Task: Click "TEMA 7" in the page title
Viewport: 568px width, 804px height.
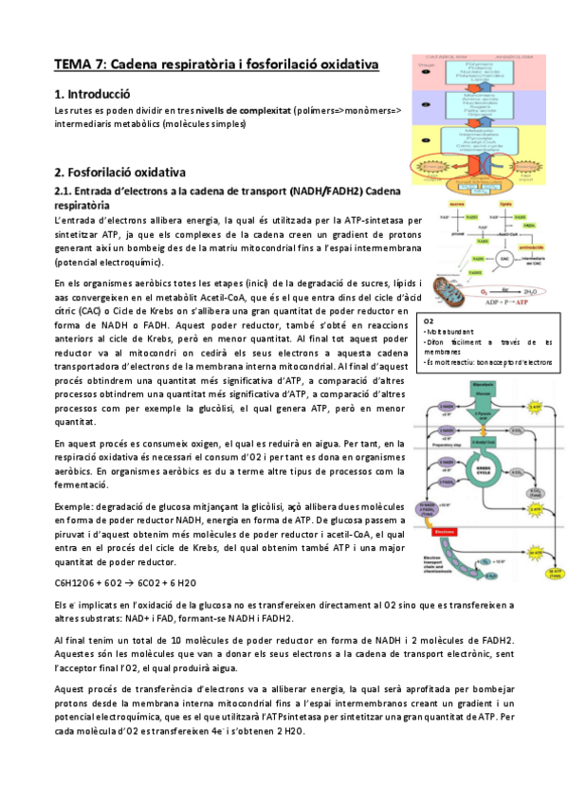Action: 82,64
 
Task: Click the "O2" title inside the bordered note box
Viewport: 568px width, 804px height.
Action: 429,322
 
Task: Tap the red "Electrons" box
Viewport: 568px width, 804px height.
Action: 446,532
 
